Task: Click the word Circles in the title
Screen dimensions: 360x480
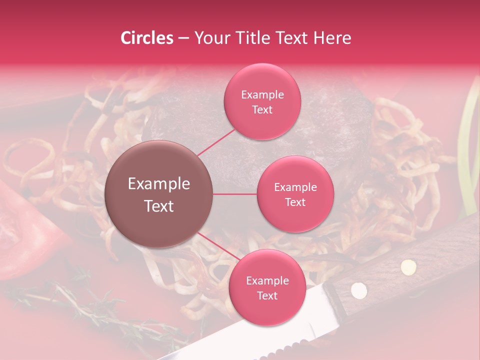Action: (x=147, y=38)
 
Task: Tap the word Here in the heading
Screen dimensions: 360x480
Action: (x=333, y=38)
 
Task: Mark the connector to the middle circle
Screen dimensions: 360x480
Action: (x=235, y=194)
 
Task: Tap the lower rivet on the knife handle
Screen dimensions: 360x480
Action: (x=358, y=289)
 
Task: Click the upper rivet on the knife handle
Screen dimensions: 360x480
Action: (x=409, y=266)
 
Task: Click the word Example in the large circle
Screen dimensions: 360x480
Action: (x=159, y=184)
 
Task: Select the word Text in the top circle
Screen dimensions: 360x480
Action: (x=262, y=109)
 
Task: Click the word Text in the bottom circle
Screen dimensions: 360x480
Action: (x=267, y=295)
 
